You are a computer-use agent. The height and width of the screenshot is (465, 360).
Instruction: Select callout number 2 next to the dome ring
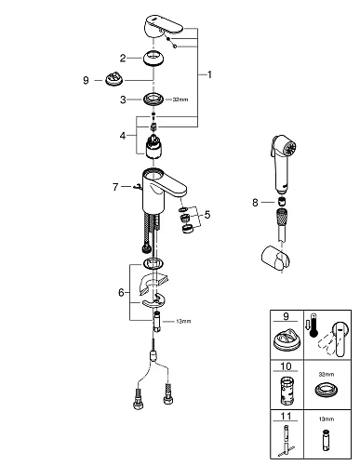pos(123,57)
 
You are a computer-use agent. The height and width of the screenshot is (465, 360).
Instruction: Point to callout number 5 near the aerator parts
pos(207,215)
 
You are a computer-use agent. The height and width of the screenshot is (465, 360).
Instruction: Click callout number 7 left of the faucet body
pos(116,187)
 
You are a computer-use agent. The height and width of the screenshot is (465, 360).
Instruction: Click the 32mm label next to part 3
pos(180,97)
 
